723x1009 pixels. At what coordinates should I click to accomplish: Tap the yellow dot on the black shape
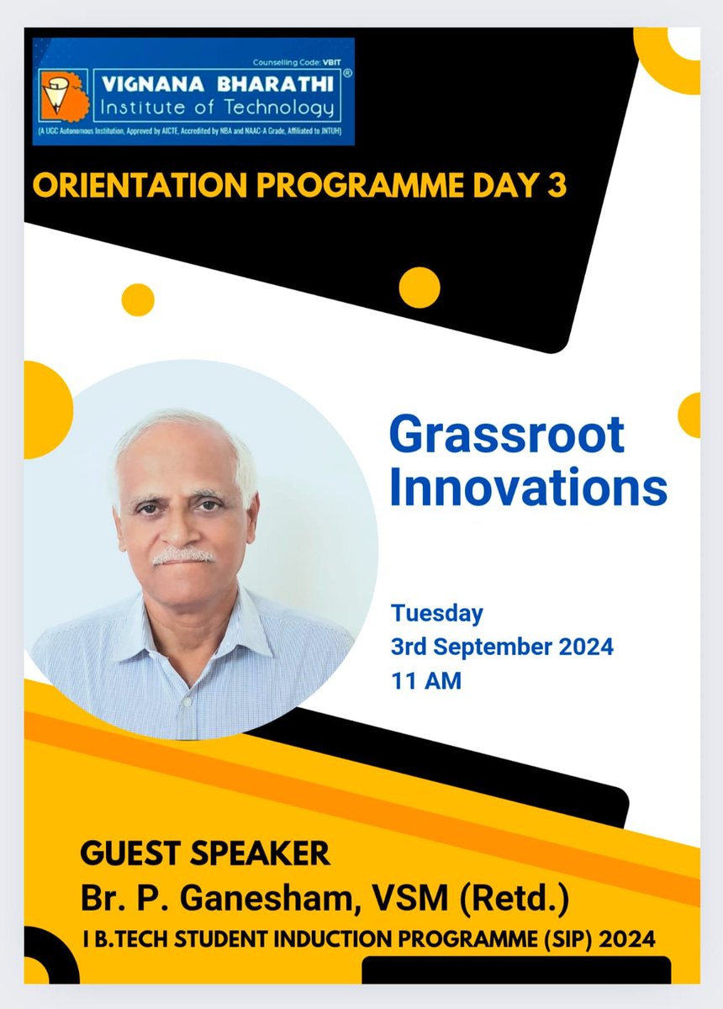click(x=419, y=288)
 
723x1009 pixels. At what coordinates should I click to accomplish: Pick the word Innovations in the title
click(x=528, y=488)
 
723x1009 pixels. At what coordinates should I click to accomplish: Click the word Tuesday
click(x=436, y=614)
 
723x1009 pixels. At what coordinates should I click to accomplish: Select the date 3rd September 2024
click(x=502, y=647)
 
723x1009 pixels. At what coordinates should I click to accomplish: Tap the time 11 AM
click(x=426, y=680)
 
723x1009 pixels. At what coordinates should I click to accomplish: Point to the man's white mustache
click(x=184, y=556)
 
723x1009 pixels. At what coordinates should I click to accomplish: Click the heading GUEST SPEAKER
click(x=205, y=854)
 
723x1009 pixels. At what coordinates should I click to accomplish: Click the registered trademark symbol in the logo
click(x=346, y=74)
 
